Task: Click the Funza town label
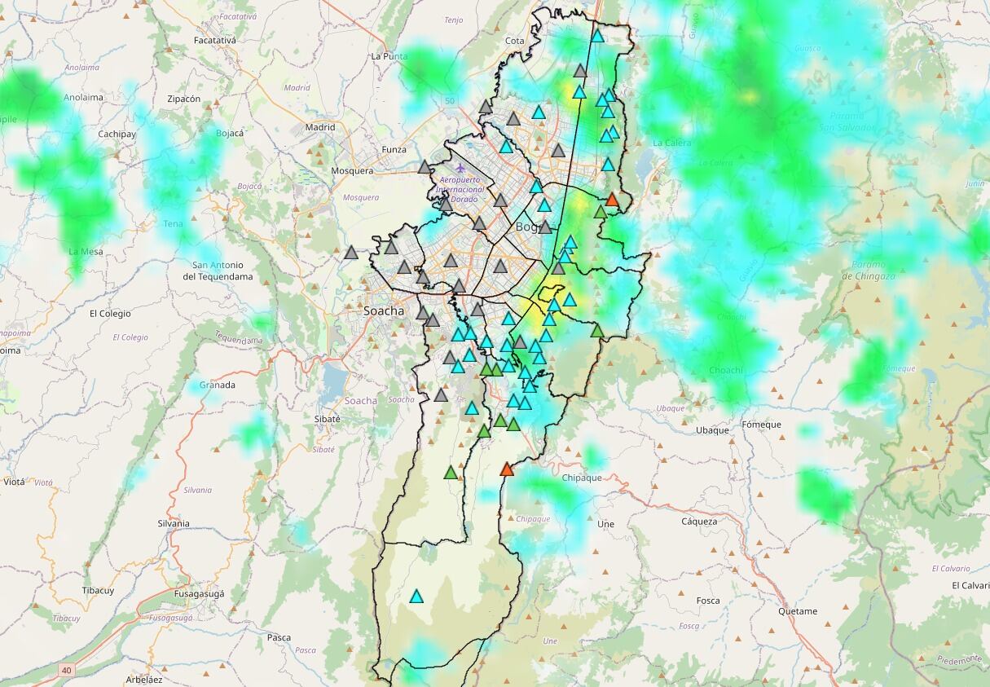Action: [x=394, y=150]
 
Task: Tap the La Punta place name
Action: [x=389, y=56]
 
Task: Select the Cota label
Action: [x=515, y=41]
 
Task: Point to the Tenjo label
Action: [x=454, y=20]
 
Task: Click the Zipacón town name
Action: [x=183, y=99]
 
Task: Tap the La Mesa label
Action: [x=86, y=251]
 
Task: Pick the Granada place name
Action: [x=218, y=385]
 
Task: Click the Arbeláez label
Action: [x=144, y=679]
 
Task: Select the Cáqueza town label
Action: [x=699, y=522]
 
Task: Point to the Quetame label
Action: [x=797, y=611]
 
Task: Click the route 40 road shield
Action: [x=66, y=670]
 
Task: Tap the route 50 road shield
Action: [x=450, y=100]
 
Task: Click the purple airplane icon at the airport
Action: [x=460, y=168]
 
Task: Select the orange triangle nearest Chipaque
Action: [x=507, y=469]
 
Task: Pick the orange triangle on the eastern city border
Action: [x=613, y=200]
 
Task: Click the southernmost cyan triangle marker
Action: [x=416, y=597]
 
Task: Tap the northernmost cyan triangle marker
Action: [x=597, y=36]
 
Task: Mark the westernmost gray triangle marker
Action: [x=351, y=253]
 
